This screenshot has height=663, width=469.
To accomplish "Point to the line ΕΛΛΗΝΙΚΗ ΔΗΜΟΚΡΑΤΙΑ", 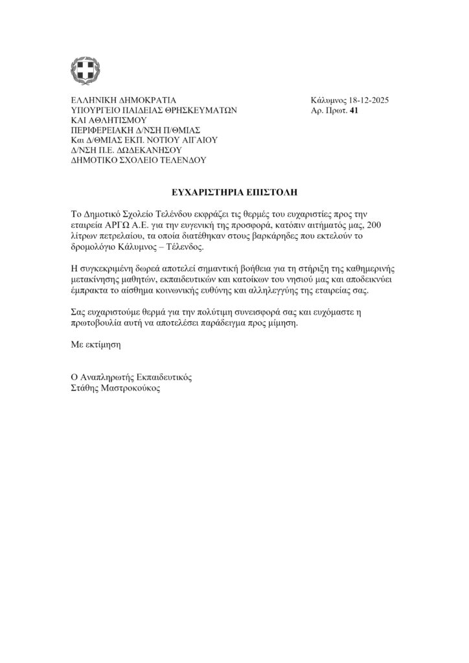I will pyautogui.click(x=123, y=100).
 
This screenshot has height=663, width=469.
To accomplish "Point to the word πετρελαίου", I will pyautogui.click(x=120, y=235).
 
